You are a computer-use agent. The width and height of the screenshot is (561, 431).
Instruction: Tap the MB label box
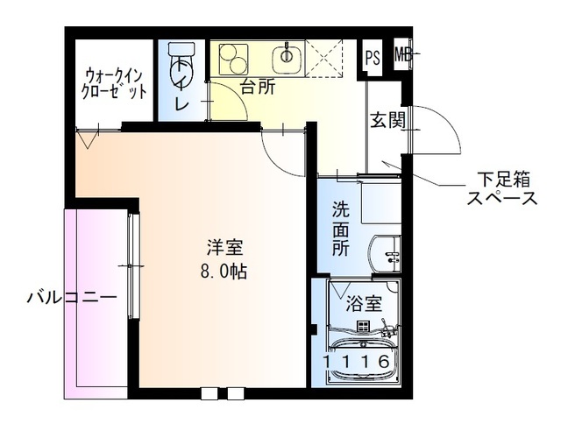[402, 56]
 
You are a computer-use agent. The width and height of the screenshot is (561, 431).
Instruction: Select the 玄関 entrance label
[387, 121]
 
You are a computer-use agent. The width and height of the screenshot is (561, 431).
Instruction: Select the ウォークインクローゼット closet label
[113, 82]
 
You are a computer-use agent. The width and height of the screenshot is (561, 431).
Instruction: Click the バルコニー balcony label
[71, 298]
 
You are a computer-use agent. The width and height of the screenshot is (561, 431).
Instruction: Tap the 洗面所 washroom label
[340, 229]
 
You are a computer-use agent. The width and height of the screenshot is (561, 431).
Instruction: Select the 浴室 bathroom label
[363, 304]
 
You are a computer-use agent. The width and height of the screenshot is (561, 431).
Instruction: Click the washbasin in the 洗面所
[386, 255]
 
